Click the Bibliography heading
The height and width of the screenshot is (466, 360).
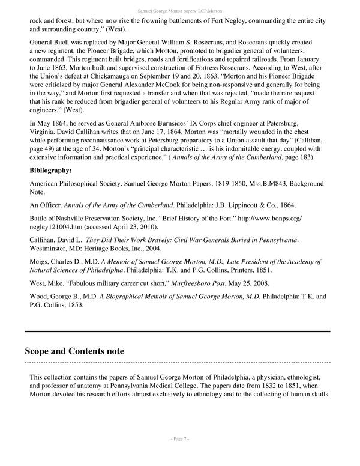[51, 170]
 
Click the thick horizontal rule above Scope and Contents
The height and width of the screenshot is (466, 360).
[177, 331]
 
